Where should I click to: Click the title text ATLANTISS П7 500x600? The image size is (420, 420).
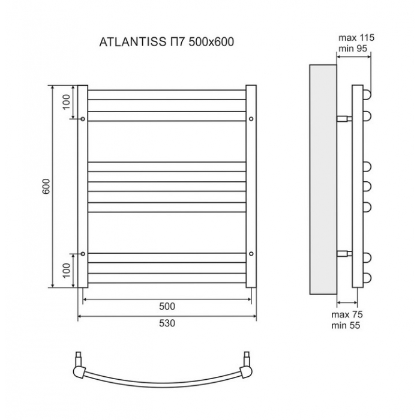167,42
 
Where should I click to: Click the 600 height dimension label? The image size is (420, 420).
46,187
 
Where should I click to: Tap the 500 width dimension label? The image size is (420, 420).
167,306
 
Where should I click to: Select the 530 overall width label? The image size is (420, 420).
167,323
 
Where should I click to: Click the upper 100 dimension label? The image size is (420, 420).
67,102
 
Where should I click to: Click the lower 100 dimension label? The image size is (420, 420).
67,270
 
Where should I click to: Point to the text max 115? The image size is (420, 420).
356,38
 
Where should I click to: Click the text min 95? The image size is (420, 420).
353,49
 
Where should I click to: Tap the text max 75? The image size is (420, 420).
347,314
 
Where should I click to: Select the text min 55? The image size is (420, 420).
346,325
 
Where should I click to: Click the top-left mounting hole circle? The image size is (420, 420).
83,119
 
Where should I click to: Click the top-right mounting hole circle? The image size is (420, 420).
251,119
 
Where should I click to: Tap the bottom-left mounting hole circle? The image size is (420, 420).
83,254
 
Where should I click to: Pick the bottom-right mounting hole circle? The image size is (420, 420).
251,254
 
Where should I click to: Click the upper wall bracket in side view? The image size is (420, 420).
344,119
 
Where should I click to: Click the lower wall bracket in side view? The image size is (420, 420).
344,254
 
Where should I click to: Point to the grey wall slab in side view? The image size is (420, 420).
323,179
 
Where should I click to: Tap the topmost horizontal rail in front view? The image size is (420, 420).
167,95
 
